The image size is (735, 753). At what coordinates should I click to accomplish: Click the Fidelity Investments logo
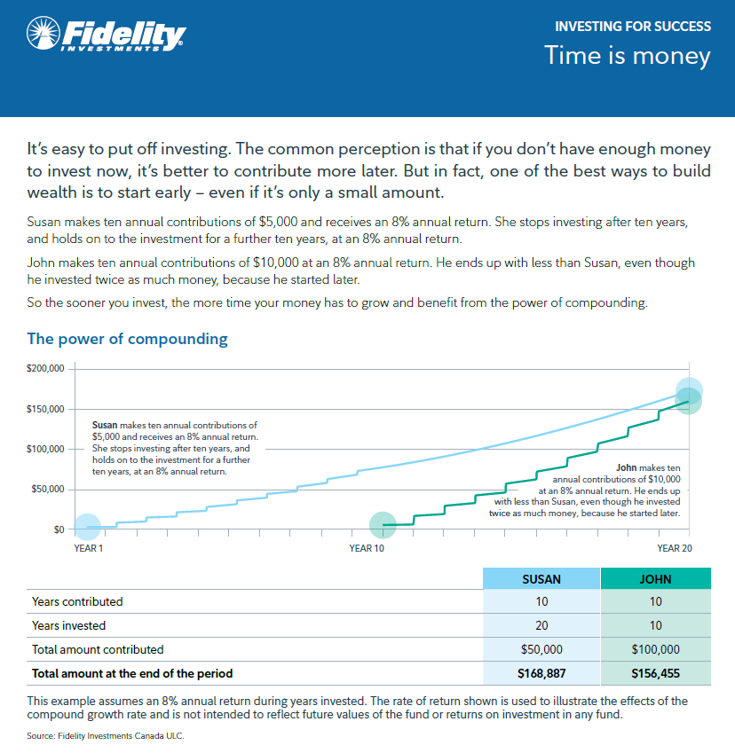(x=107, y=35)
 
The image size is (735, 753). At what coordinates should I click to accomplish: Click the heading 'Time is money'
(x=628, y=56)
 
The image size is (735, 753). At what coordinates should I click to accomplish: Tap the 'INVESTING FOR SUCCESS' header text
(x=633, y=26)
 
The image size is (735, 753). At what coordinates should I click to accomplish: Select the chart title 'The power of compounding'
(x=127, y=339)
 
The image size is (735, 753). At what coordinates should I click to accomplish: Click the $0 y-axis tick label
(x=59, y=529)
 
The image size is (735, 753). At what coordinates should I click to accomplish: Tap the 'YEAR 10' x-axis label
(x=367, y=548)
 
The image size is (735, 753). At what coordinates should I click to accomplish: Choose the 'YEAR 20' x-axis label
(x=674, y=548)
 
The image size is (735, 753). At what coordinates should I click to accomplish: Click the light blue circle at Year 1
(x=87, y=527)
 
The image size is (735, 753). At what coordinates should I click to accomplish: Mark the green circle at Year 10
(x=383, y=525)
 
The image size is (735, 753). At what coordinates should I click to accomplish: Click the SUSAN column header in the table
(x=541, y=579)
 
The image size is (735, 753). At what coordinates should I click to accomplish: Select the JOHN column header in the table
(x=656, y=579)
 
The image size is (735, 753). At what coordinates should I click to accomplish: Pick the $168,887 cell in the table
(x=541, y=673)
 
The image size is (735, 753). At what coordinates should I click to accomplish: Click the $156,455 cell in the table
(x=656, y=673)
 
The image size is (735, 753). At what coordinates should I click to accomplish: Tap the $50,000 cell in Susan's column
(x=541, y=649)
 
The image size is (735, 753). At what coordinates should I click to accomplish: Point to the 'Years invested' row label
(x=71, y=625)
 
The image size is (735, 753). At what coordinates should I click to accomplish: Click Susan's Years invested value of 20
(x=541, y=625)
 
